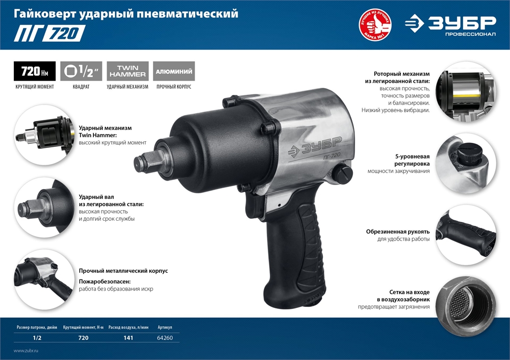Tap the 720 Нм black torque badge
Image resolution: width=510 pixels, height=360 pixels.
[35, 71]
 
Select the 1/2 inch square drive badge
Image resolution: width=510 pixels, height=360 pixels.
[81, 71]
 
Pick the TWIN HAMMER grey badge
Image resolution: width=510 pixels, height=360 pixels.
[127, 71]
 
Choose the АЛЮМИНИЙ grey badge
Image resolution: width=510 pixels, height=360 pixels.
[174, 71]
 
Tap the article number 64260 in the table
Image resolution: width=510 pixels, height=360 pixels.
[165, 338]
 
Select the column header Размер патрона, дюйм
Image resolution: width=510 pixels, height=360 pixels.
[37, 327]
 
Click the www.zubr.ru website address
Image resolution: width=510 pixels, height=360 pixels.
[26, 351]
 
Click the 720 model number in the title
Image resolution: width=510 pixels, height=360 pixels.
[64, 33]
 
